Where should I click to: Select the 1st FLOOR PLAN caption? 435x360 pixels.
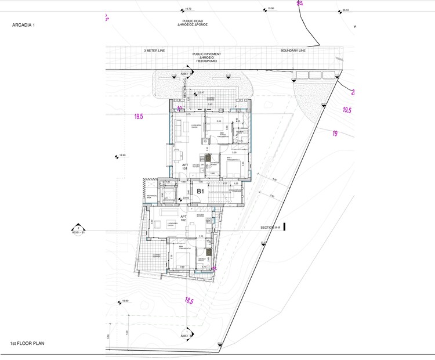coord(27,344)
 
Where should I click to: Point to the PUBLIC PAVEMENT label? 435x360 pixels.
coord(207,56)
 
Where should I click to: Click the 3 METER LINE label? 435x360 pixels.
coord(154,51)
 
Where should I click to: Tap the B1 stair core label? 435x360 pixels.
coord(202,190)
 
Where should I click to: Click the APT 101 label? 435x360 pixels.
coord(186,167)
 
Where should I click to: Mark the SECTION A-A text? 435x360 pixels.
coord(270,228)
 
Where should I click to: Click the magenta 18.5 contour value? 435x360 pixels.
coord(188,300)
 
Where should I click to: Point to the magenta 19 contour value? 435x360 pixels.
coord(335,134)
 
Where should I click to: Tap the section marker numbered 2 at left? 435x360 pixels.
coord(78,229)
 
